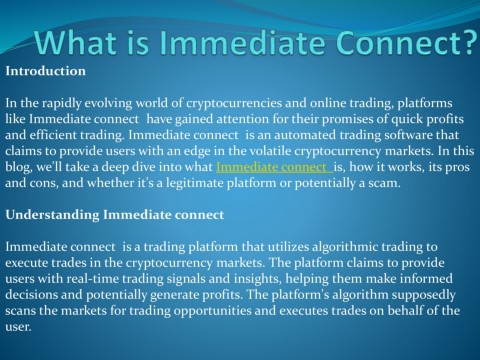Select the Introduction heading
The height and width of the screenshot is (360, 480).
(45, 72)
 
